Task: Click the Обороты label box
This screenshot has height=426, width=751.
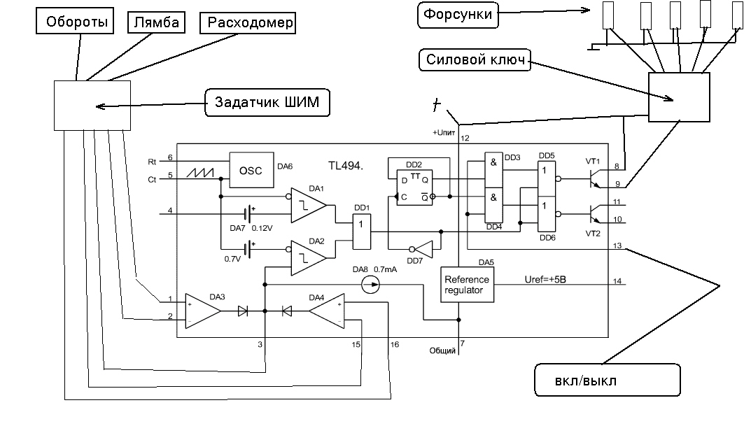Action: (x=76, y=22)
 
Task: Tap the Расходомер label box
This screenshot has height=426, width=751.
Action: (x=248, y=23)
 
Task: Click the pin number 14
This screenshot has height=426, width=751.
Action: (x=617, y=281)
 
